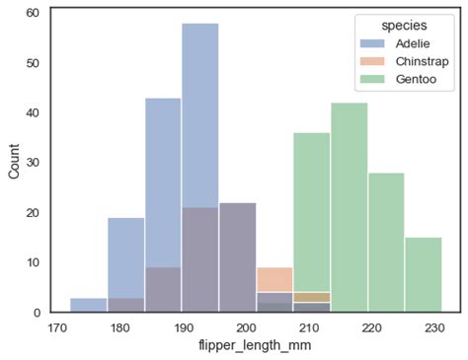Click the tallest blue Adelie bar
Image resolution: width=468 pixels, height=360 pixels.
pos(199,99)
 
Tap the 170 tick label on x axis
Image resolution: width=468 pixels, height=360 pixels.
pos(57,325)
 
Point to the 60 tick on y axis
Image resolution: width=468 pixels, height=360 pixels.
pos(33,13)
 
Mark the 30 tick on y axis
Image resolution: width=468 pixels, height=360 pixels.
pos(33,163)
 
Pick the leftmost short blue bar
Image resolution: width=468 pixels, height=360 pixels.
pos(89,305)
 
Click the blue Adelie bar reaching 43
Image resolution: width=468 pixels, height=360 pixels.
pos(163,178)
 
